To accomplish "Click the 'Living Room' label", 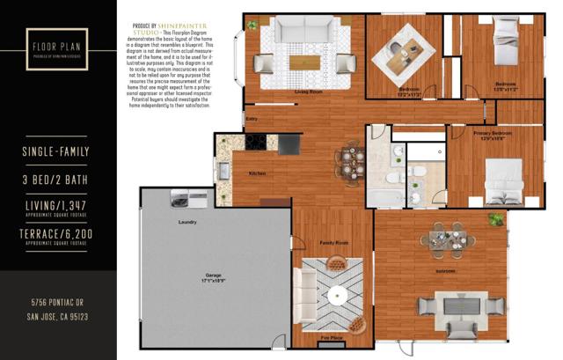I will (x=294, y=91).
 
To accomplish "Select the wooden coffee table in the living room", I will (x=305, y=62).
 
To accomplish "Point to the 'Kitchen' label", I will (x=256, y=173).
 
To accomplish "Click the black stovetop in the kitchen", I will (x=256, y=141).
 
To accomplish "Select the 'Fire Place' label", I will (x=331, y=338).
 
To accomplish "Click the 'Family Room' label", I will (x=333, y=241).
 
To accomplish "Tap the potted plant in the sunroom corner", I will (x=498, y=220).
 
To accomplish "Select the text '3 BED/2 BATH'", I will (x=57, y=180).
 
